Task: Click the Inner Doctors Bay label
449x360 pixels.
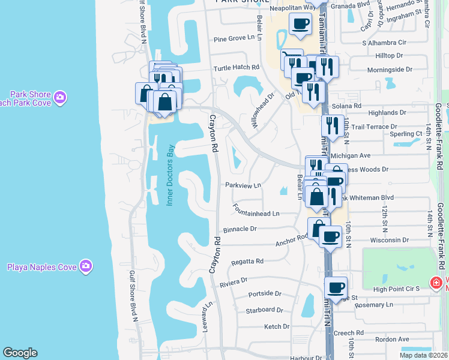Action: (x=170, y=176)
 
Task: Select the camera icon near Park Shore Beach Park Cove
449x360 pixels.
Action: (x=59, y=97)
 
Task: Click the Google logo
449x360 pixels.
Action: (x=20, y=353)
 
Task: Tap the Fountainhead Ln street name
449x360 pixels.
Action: (x=257, y=213)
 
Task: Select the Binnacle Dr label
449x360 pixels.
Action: (x=240, y=229)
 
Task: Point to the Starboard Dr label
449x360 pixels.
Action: (x=264, y=310)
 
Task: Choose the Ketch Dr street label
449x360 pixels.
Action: (x=277, y=326)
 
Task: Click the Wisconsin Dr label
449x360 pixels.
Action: (x=390, y=239)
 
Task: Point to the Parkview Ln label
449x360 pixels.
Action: (x=244, y=185)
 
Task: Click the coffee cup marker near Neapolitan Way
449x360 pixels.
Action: (x=300, y=24)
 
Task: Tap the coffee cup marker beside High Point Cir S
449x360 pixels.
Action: (x=336, y=287)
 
